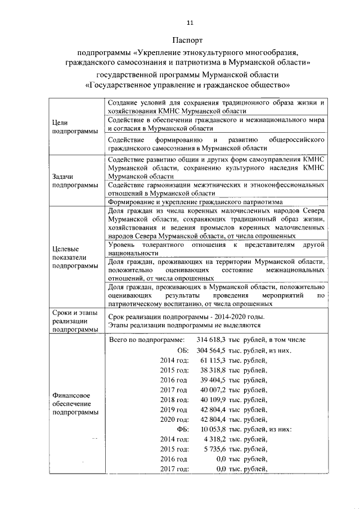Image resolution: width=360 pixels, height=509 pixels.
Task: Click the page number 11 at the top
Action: coord(190,22)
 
